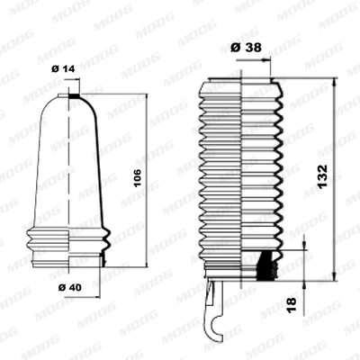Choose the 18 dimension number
[290, 307]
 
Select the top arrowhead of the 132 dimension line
[334, 82]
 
